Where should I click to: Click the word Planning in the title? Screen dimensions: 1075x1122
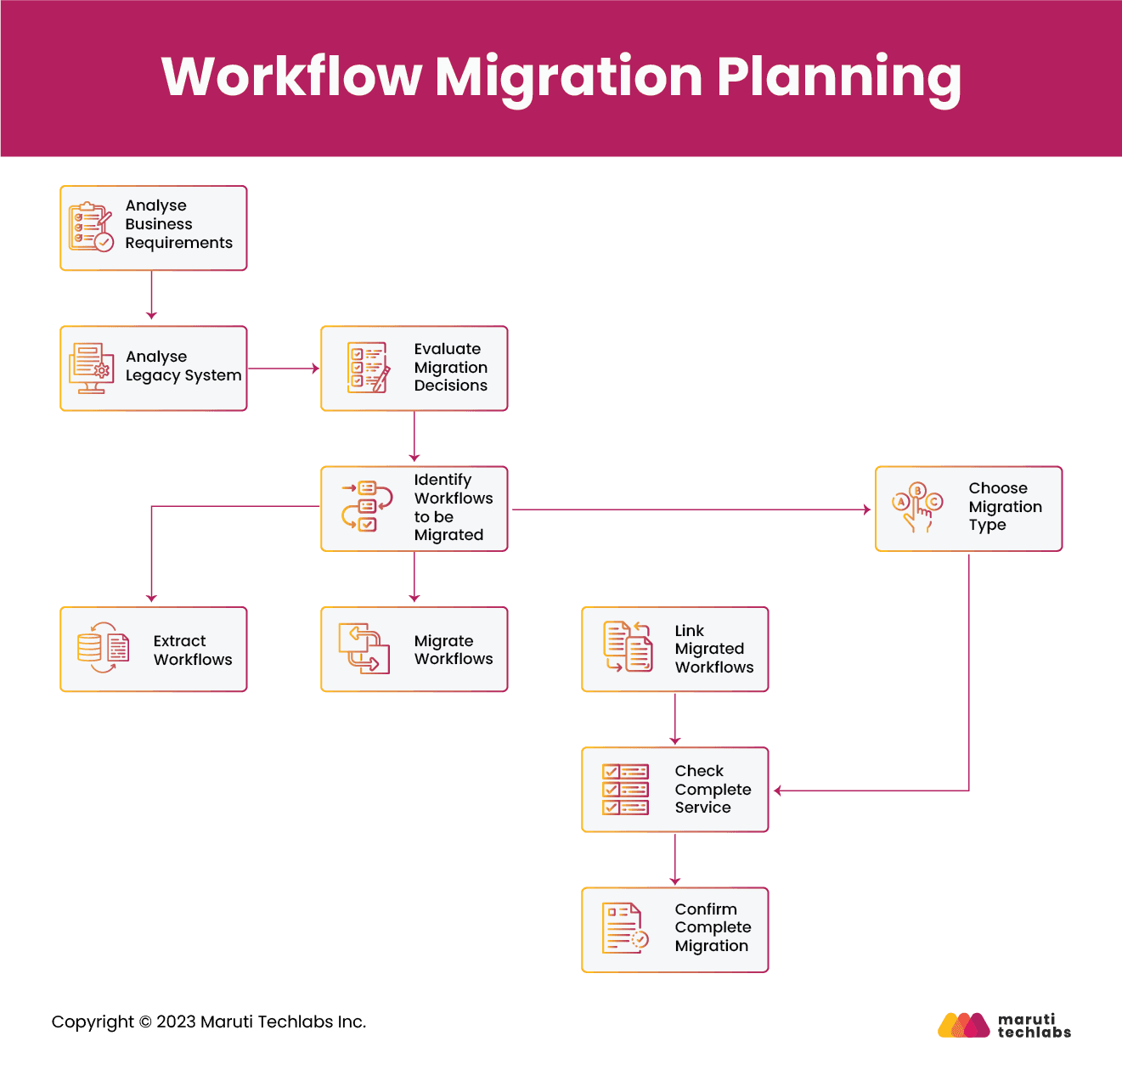(x=838, y=76)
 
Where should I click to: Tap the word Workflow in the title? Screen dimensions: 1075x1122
(x=291, y=76)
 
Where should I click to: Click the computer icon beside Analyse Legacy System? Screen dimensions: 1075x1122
(x=91, y=369)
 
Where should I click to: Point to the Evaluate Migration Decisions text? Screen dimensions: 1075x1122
(x=450, y=367)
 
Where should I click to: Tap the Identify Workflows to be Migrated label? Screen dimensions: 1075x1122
(x=453, y=508)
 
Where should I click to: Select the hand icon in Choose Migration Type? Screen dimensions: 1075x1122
(x=917, y=508)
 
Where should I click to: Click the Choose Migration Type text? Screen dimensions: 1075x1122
(x=1005, y=507)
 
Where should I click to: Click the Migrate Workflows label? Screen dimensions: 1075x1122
(x=453, y=650)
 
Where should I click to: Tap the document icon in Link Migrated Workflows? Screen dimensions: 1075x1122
(x=628, y=647)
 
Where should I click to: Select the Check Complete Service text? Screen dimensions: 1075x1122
(x=712, y=789)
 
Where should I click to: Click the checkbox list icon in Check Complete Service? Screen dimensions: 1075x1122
(x=625, y=789)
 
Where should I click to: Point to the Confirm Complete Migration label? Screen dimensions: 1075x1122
(x=712, y=927)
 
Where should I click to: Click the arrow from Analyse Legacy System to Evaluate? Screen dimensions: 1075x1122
(x=283, y=369)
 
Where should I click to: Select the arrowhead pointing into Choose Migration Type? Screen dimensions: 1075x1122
(x=865, y=509)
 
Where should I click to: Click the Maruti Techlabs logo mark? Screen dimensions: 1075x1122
(x=963, y=1025)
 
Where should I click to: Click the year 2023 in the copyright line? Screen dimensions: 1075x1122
(x=176, y=1022)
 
